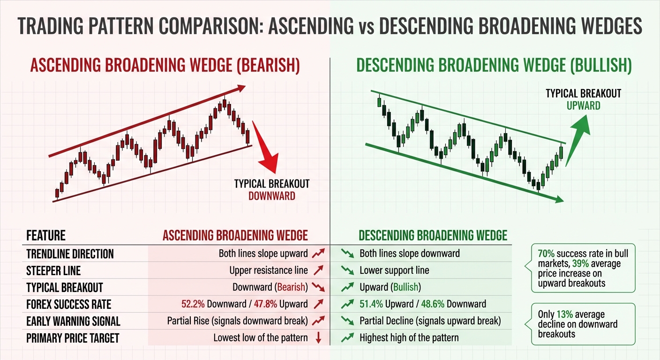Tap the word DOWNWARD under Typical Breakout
(272, 195)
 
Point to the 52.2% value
(193, 304)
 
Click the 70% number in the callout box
(546, 254)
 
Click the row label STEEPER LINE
(53, 270)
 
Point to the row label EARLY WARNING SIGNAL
(73, 321)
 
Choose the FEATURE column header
(46, 235)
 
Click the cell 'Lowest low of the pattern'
(261, 337)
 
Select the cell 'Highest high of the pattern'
(409, 337)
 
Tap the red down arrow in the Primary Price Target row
(318, 337)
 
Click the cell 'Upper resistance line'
(269, 270)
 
